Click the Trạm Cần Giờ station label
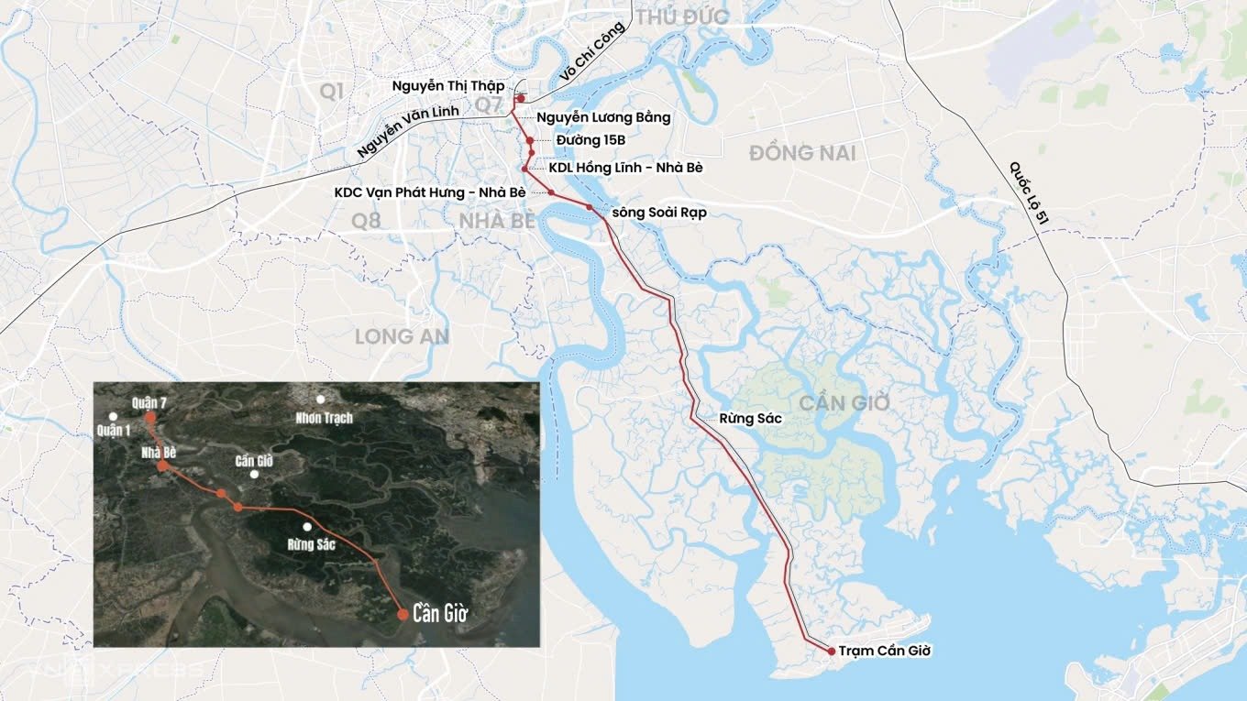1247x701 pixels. (x=885, y=651)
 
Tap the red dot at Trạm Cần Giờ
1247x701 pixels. (x=831, y=651)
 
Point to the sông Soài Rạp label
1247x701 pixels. (x=658, y=213)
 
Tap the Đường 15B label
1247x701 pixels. (x=590, y=140)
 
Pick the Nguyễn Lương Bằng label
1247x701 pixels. (x=603, y=116)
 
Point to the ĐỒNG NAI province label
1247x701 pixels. (x=802, y=153)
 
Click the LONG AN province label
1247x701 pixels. (x=402, y=336)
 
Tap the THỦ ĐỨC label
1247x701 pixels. (x=682, y=16)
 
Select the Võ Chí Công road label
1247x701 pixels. (x=591, y=52)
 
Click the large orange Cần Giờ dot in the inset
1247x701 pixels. (x=403, y=614)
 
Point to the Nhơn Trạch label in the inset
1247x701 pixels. (x=324, y=417)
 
